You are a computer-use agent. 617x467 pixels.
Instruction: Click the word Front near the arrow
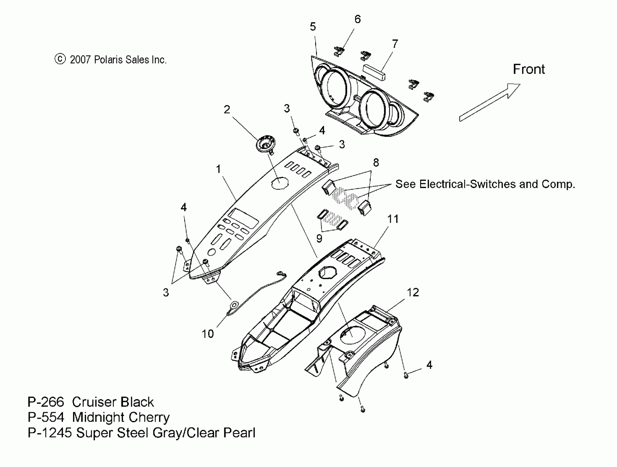529,69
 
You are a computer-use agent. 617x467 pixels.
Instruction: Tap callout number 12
413,292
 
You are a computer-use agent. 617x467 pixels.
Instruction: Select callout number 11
393,219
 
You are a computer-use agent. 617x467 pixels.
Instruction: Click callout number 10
208,334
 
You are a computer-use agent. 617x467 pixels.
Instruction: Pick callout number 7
395,44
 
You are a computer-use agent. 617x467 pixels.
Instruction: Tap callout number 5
313,27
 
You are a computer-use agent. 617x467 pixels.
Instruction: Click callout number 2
227,109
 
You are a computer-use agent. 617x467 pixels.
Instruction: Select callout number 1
218,169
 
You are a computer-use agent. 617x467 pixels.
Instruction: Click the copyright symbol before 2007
60,59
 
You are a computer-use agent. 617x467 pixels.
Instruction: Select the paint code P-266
46,402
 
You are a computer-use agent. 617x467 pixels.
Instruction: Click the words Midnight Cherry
121,417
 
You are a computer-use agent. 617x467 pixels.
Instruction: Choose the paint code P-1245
50,433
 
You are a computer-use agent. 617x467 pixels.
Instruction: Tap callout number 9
319,238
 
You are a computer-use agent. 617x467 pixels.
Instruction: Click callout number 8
376,162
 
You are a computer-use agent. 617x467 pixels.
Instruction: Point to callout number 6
357,19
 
